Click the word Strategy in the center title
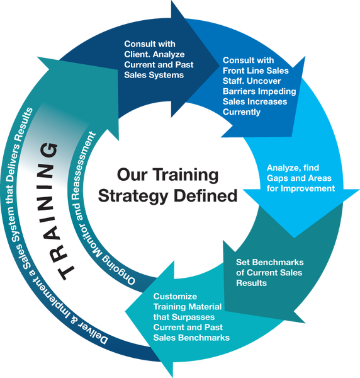(x=133, y=197)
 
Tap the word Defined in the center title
(x=206, y=195)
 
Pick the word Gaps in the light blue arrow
(x=277, y=179)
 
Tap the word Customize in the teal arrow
(x=175, y=297)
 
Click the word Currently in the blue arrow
(x=242, y=112)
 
